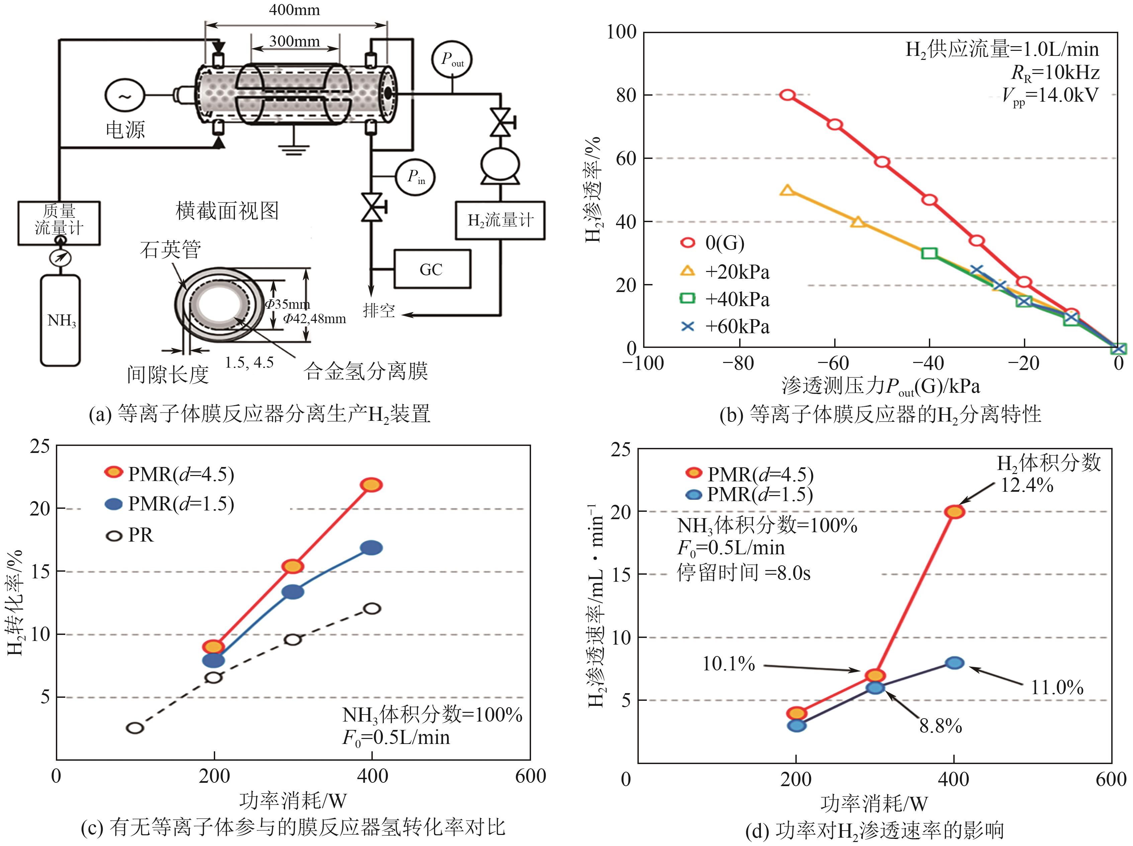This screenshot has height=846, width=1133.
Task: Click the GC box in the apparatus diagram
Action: click(432, 269)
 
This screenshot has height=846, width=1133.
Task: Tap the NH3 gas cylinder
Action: click(61, 320)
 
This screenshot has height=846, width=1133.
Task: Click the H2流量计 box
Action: click(500, 220)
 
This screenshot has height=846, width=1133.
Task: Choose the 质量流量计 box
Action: click(59, 223)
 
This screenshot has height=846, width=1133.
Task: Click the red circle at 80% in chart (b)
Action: click(788, 95)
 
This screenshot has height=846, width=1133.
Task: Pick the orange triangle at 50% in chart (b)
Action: click(788, 190)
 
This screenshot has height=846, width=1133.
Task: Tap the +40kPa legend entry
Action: click(725, 299)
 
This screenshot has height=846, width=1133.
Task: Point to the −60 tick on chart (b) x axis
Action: click(835, 364)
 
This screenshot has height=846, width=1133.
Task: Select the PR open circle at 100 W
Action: click(135, 728)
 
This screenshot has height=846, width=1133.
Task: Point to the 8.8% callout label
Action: click(940, 726)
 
